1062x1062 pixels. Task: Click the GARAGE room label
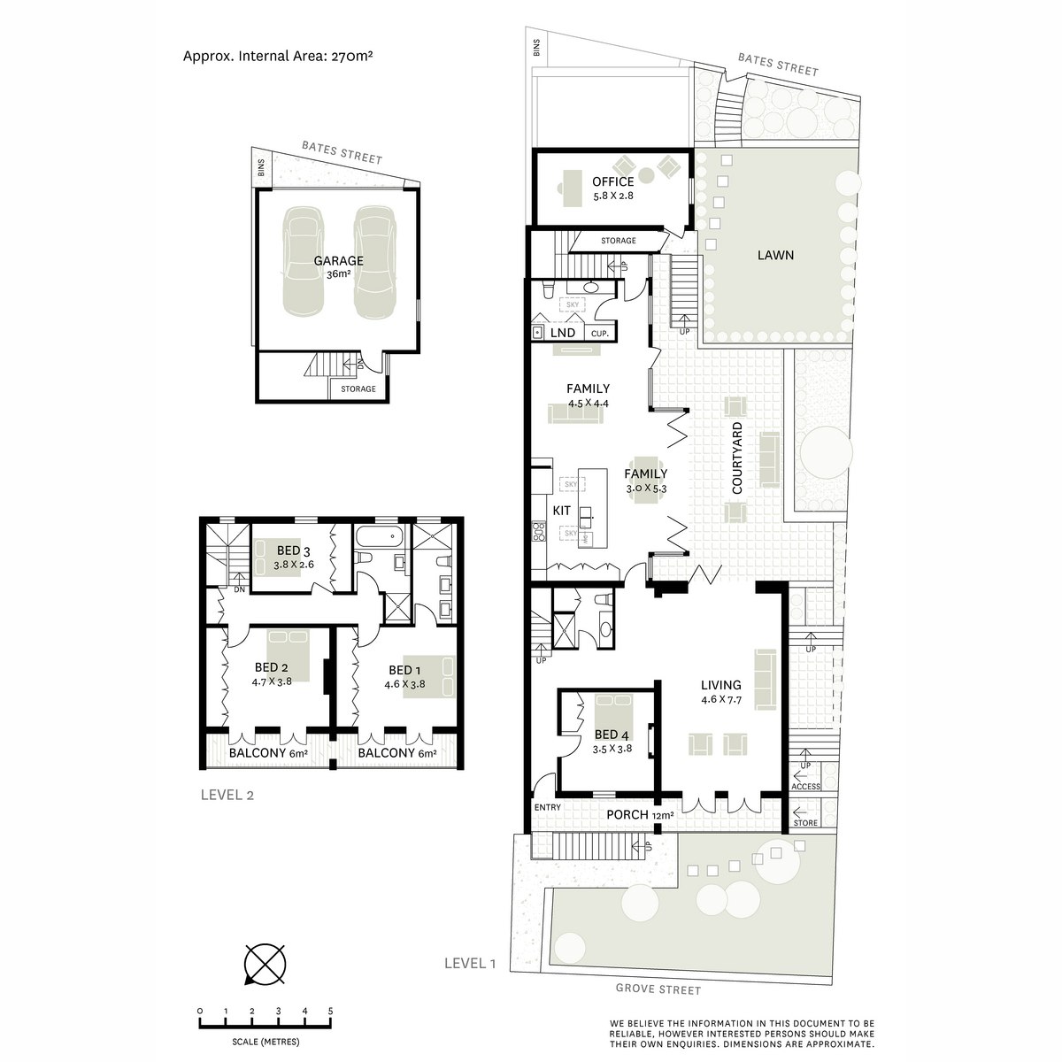click(338, 261)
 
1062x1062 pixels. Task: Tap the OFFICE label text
click(612, 181)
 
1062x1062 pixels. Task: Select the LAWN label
click(775, 255)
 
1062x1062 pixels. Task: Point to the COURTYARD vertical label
click(737, 458)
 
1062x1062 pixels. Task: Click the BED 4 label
click(612, 735)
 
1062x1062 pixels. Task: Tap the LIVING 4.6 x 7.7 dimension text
click(721, 700)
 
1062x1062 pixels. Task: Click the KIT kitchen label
click(562, 511)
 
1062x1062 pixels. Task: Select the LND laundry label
click(563, 333)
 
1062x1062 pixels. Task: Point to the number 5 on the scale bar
click(331, 1012)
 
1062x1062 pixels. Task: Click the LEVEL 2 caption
click(227, 795)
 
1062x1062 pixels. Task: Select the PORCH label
click(627, 814)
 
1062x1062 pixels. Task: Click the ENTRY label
click(547, 807)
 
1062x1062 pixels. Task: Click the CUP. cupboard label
click(600, 334)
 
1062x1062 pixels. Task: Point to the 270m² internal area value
click(352, 56)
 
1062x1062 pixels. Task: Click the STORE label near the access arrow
click(805, 823)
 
